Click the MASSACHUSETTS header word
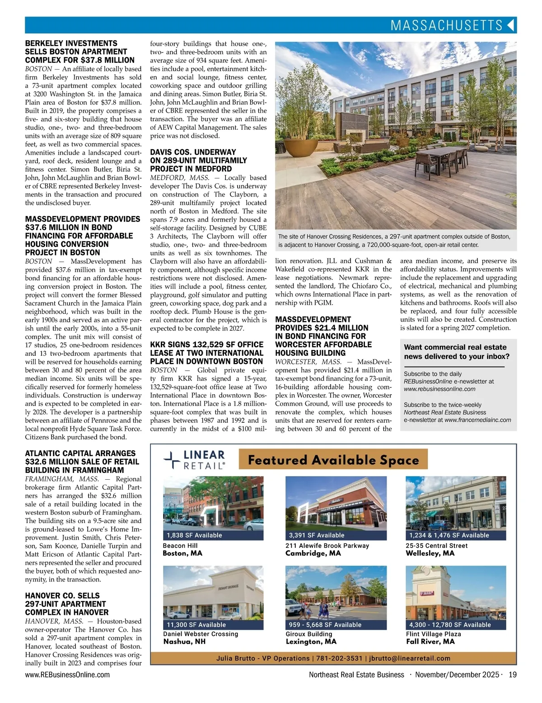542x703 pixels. pyautogui.click(x=446, y=25)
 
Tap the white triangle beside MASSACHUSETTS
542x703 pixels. pyautogui.click(x=511, y=25)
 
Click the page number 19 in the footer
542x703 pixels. pyautogui.click(x=512, y=675)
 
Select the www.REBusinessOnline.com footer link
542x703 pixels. pyautogui.click(x=67, y=675)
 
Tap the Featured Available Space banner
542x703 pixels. pyautogui.click(x=333, y=460)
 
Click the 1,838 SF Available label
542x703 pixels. pyautogui.click(x=194, y=535)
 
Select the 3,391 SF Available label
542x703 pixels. pyautogui.click(x=317, y=535)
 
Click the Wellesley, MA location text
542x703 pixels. pyautogui.click(x=430, y=553)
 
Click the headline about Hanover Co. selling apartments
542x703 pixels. pyautogui.click(x=67, y=604)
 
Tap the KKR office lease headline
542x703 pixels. pyautogui.click(x=207, y=353)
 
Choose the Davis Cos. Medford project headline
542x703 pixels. pyautogui.click(x=199, y=160)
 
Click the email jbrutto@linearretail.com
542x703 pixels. pyautogui.click(x=410, y=658)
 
